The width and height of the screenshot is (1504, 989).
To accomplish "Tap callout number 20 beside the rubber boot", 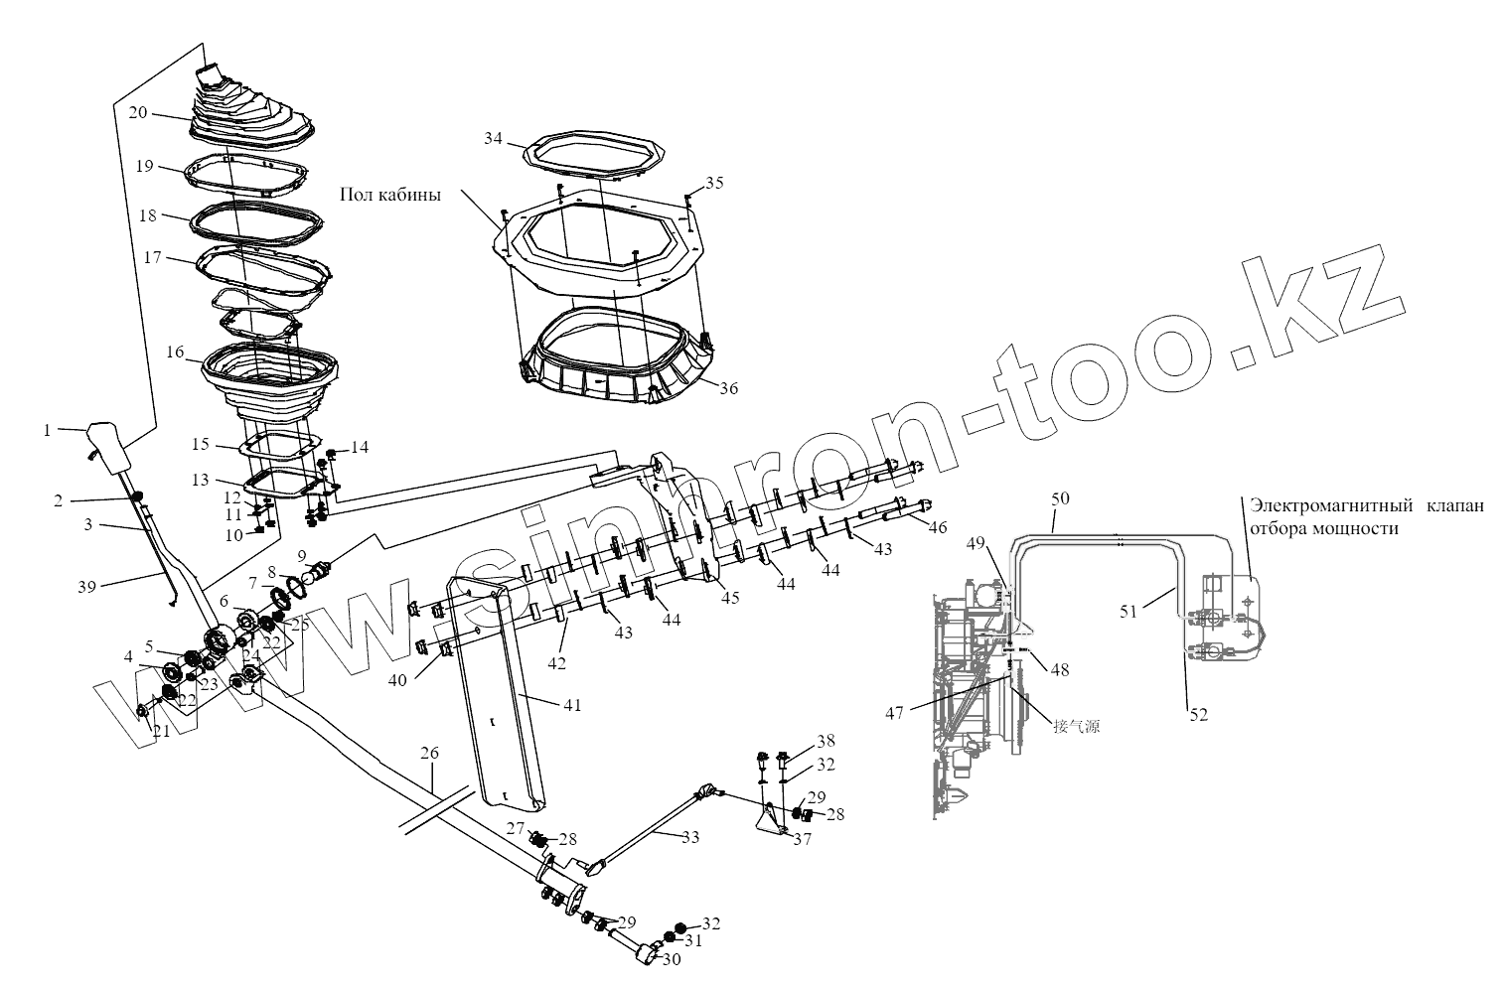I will click(x=137, y=112).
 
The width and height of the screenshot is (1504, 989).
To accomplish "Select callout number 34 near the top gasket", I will click(x=494, y=138).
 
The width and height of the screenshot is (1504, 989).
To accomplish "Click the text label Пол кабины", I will click(x=389, y=194).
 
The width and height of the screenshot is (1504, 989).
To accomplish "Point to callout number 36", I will click(x=728, y=389).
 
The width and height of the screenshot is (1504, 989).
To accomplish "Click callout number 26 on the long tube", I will click(x=428, y=754).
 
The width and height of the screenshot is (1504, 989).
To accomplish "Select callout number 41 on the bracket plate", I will click(x=571, y=705).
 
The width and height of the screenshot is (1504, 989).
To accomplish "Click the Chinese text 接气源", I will click(x=1077, y=726).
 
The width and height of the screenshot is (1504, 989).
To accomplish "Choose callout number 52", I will click(x=1199, y=714).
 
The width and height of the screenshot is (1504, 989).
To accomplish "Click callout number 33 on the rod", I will click(x=689, y=837).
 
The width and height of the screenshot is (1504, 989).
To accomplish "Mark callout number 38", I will click(x=826, y=741).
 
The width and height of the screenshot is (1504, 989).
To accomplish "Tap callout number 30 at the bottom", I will click(x=672, y=960).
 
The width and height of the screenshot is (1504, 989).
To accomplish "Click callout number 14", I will click(x=359, y=448).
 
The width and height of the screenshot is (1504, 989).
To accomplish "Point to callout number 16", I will click(x=176, y=352).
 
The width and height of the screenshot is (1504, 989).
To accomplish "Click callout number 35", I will click(x=714, y=183).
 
